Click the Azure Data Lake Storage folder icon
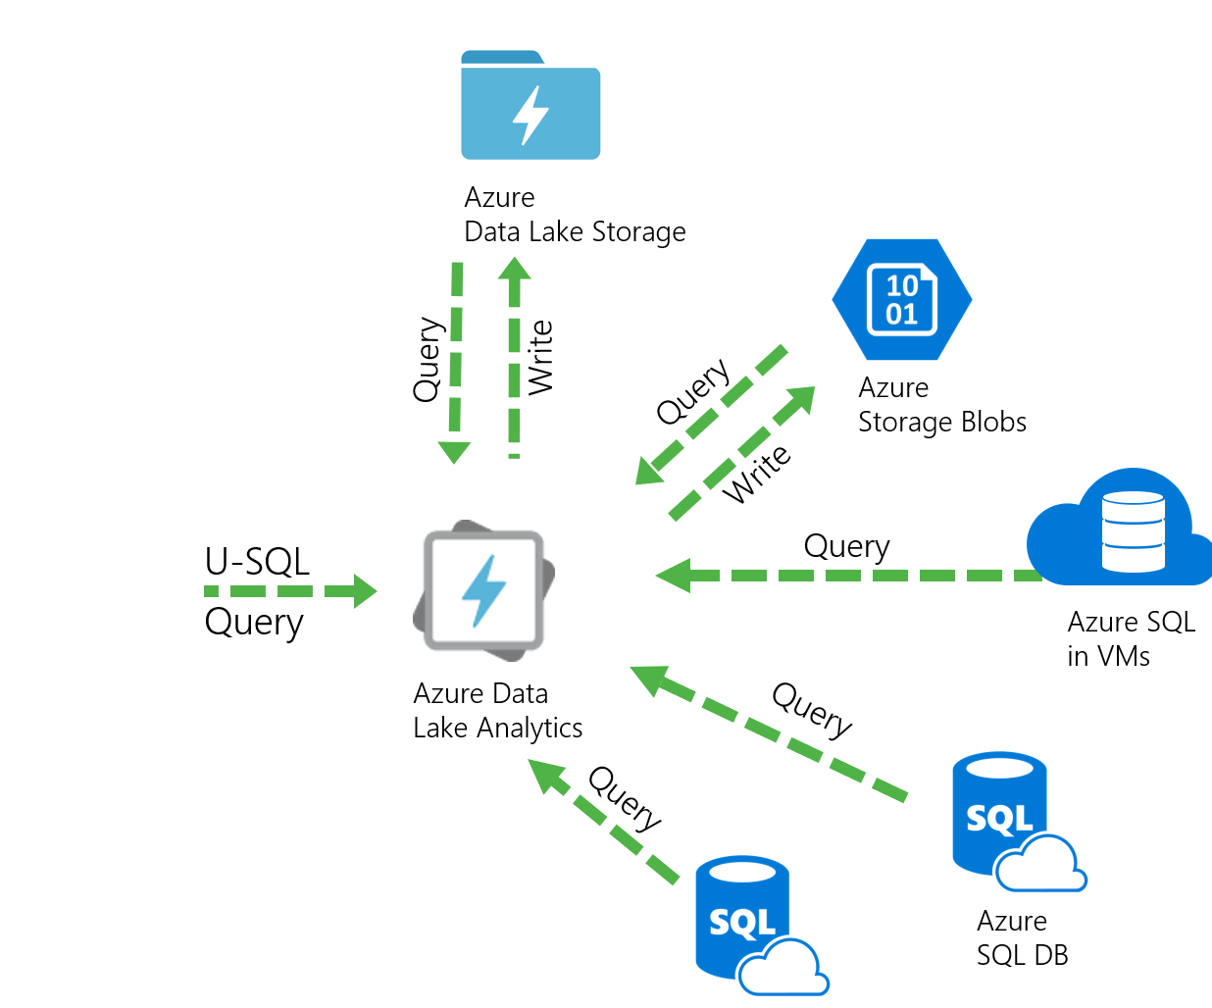point(530,106)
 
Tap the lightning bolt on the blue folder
point(530,116)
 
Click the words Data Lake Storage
point(575,232)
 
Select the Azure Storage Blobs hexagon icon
point(901,299)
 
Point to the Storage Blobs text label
point(941,423)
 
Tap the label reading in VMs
point(1108,656)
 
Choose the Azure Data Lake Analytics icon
point(483,588)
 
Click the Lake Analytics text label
point(497,729)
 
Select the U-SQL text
point(257,562)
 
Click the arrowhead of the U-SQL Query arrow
point(364,591)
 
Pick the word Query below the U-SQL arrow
point(254,623)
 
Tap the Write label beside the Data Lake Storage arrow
point(540,358)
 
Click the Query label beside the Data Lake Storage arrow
point(428,359)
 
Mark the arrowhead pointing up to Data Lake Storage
point(514,269)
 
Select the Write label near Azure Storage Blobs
point(756,474)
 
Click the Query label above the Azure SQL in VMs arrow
point(846,546)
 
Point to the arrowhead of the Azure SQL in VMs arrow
point(674,575)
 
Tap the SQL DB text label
point(1022,956)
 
